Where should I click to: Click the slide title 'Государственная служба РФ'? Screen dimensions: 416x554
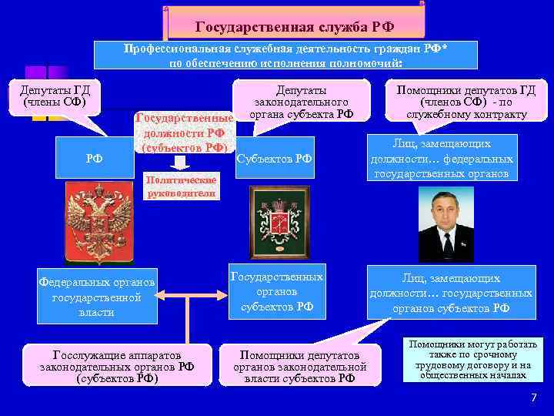click(x=295, y=26)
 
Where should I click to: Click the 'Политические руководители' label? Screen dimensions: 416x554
click(x=182, y=186)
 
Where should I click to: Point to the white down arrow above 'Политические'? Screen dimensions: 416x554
click(x=179, y=162)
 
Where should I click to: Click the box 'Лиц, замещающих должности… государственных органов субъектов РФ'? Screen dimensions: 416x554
click(x=451, y=294)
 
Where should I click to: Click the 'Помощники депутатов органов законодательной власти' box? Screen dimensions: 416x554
click(x=299, y=367)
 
